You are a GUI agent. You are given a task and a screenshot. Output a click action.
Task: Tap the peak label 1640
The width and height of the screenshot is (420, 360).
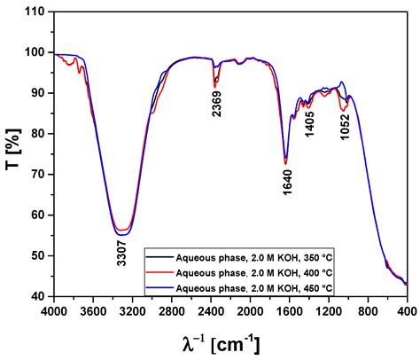pyautogui.click(x=287, y=181)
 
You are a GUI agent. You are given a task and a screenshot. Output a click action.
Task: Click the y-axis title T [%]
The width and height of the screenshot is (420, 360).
pyautogui.click(x=16, y=153)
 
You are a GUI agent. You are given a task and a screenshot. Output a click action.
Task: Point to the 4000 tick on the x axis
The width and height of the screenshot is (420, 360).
pyautogui.click(x=54, y=312)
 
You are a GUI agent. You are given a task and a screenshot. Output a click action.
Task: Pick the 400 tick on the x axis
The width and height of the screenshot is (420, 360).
pyautogui.click(x=407, y=312)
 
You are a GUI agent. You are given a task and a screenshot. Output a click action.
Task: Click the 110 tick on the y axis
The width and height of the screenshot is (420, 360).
pyautogui.click(x=36, y=12)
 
